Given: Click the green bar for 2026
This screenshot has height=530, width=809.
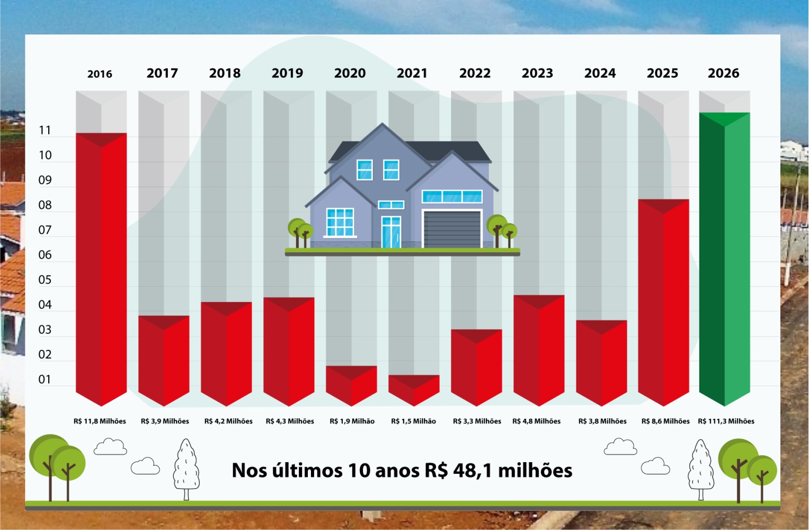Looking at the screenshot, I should pyautogui.click(x=724, y=260).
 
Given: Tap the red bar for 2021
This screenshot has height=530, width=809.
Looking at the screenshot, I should pyautogui.click(x=414, y=390).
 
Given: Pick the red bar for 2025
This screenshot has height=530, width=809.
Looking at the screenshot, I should pyautogui.click(x=663, y=302).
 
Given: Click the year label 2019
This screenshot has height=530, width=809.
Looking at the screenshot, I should pyautogui.click(x=287, y=73).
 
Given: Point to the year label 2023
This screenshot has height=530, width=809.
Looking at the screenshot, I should pyautogui.click(x=537, y=73).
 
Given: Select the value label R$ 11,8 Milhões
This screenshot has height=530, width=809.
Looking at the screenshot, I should pyautogui.click(x=100, y=421).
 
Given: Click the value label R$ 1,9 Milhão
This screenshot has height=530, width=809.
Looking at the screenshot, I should pyautogui.click(x=352, y=421).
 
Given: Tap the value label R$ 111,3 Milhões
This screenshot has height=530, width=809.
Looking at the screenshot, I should pyautogui.click(x=726, y=421).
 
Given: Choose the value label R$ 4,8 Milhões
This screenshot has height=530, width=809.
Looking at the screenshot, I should pyautogui.click(x=536, y=421).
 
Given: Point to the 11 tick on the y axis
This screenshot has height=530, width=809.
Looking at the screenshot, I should pyautogui.click(x=45, y=130).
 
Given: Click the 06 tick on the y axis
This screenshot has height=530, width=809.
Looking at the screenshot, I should pyautogui.click(x=45, y=255).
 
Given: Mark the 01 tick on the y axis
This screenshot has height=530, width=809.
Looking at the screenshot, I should pyautogui.click(x=45, y=379).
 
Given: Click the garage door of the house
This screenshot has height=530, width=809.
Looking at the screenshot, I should pyautogui.click(x=452, y=229).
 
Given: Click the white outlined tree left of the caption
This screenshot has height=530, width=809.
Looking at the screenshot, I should pyautogui.click(x=186, y=469).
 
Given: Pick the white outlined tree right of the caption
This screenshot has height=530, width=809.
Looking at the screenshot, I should pyautogui.click(x=701, y=469).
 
